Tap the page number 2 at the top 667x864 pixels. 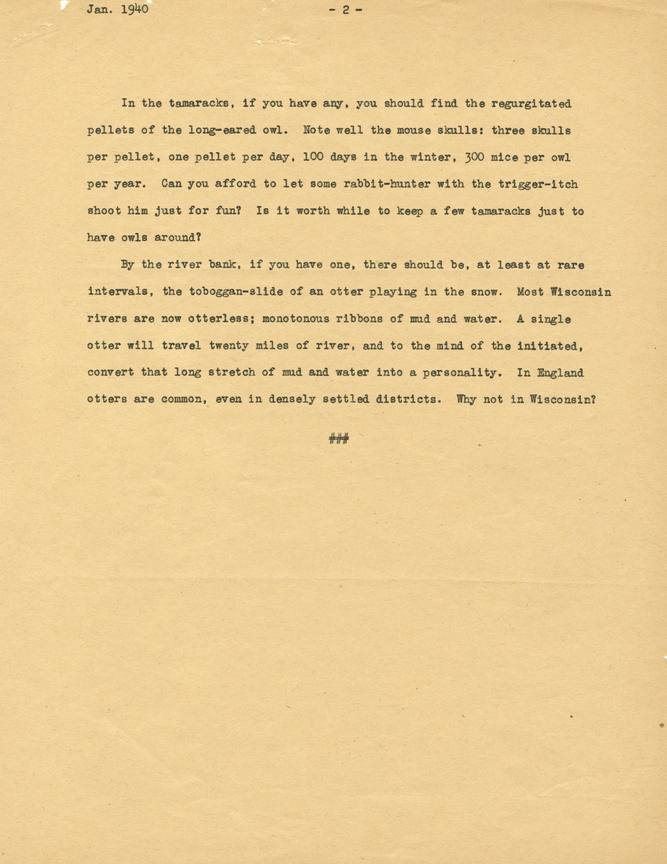pos(346,10)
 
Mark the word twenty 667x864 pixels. pos(229,346)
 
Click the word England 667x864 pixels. pos(560,373)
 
